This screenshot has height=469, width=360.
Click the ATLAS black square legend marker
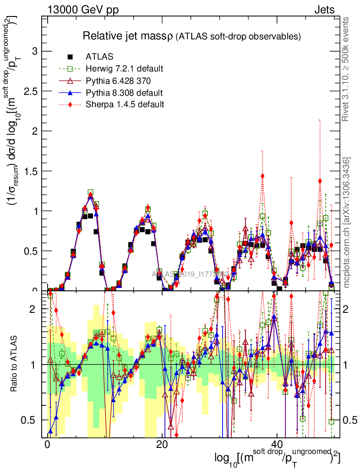[x=70, y=57]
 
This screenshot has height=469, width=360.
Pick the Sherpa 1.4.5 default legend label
[x=125, y=104]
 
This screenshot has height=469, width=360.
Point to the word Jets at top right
[x=324, y=10]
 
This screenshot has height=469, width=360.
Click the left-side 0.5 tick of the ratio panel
[x=28, y=420]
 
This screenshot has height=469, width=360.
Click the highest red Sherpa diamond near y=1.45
[x=262, y=176]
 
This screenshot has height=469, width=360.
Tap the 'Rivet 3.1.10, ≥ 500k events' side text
[x=346, y=70]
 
